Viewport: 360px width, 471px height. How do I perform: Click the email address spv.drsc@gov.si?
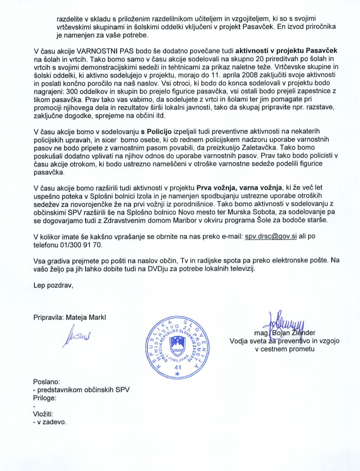pos(271,236)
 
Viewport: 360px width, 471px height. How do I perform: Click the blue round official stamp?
pos(178,348)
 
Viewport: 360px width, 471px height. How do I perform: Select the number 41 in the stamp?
pos(178,367)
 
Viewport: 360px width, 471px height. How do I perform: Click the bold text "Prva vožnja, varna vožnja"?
pos(239,188)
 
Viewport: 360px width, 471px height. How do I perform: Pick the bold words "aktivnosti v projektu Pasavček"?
pos(286,51)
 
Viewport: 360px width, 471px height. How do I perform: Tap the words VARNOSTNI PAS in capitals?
pos(97,51)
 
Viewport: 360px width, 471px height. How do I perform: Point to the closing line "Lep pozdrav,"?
pos(53,285)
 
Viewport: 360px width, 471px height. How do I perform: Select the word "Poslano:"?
pos(46,381)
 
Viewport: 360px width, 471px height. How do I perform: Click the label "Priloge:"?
pos(45,398)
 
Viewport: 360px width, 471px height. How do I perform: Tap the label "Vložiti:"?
pos(43,414)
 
